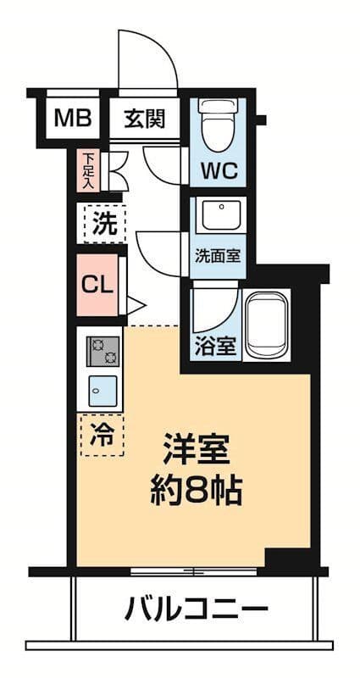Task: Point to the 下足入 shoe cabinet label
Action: point(88,169)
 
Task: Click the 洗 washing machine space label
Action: point(103,225)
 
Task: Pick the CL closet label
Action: point(97,285)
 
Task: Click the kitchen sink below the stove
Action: point(103,392)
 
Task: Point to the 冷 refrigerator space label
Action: point(101,435)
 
